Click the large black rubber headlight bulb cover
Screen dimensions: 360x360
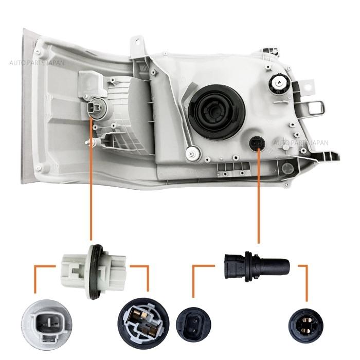point(217,112)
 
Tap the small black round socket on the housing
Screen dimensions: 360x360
point(257,144)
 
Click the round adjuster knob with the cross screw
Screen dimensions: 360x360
point(279,83)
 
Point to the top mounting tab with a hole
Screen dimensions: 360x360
point(138,46)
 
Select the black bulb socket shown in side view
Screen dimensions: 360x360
point(257,266)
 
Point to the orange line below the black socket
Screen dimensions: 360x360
point(259,195)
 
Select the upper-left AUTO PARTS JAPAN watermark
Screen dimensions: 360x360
point(37,63)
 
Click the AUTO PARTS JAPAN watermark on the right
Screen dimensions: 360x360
point(301,142)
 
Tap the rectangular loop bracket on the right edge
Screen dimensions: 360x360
point(316,108)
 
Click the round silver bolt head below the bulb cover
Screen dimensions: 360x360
point(193,152)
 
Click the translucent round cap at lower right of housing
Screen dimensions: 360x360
point(287,168)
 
